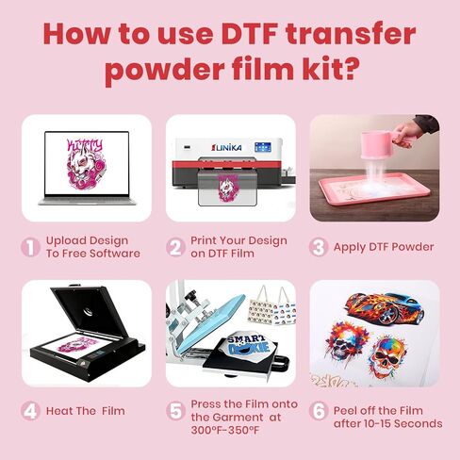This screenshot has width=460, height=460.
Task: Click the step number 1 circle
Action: pos(30,247)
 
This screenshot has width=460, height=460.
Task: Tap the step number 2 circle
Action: pos(175,247)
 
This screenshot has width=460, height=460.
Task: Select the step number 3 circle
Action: pos(319,247)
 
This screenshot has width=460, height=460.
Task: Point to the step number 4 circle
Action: pos(30,411)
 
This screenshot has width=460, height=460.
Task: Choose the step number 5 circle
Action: pos(175,411)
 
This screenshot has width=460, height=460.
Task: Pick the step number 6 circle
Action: pos(319,411)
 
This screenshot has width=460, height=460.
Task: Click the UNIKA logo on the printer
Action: pos(226,147)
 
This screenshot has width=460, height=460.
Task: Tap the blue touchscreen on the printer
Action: pos(263,147)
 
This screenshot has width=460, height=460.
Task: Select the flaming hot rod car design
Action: pos(384,308)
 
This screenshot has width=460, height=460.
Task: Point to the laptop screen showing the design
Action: pos(87,163)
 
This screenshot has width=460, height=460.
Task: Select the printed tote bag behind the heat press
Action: pos(272,305)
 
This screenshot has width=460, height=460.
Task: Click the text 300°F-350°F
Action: pos(225,430)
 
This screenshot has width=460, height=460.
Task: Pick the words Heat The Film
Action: pos(86,411)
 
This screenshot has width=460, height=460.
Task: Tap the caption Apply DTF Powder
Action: pos(384,247)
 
